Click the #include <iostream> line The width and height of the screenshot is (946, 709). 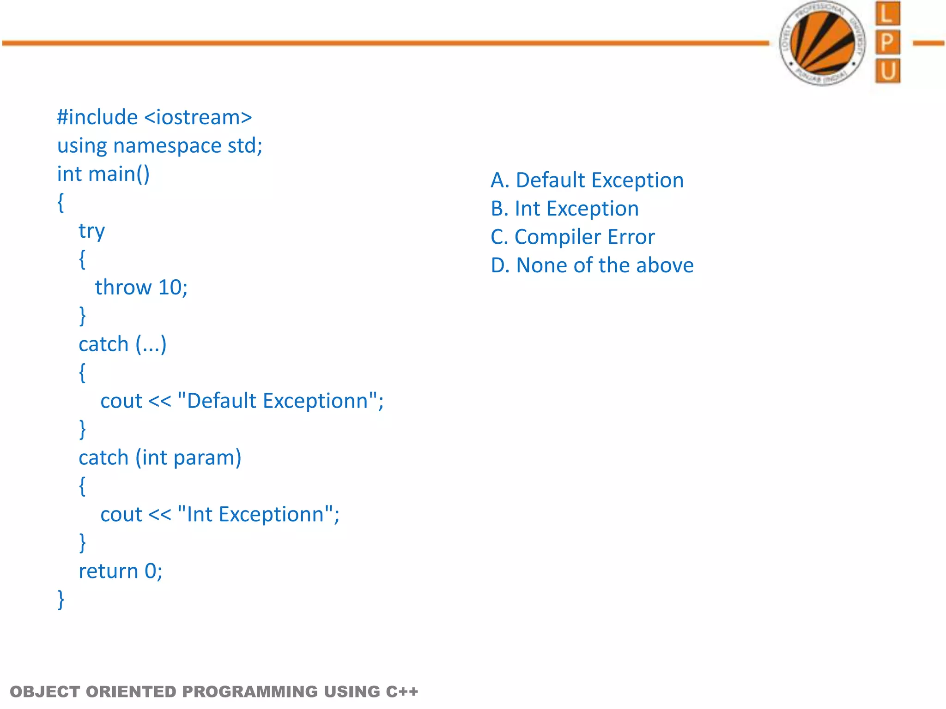154,117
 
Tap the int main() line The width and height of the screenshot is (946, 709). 103,174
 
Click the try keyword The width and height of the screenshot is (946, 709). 91,231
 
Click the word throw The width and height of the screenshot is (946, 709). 123,288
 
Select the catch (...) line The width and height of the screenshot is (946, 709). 122,344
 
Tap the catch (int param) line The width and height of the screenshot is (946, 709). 160,458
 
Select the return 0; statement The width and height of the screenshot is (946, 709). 120,571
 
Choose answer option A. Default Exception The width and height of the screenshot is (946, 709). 587,180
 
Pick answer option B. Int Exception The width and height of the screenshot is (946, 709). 564,209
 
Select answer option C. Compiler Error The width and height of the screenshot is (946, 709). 572,237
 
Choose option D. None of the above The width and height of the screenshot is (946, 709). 592,265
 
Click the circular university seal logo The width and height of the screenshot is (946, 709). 822,43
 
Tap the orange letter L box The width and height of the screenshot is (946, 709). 887,14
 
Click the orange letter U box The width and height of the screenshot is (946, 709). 887,71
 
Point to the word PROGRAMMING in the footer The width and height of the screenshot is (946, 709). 250,691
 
